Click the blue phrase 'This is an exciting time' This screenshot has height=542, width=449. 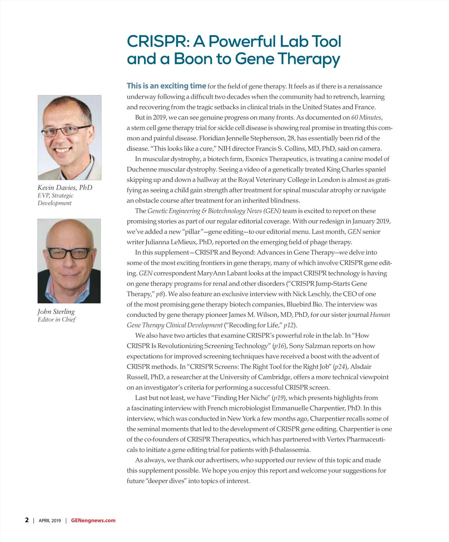166,86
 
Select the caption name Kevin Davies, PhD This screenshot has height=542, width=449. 65,188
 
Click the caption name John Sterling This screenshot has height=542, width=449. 56,311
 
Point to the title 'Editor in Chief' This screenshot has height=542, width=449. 56,320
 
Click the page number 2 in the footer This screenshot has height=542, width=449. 27,520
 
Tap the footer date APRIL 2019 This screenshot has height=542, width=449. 50,521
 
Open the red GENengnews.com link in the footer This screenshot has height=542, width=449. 93,521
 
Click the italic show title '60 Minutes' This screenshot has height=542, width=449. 366,117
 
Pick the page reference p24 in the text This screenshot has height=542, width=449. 340,367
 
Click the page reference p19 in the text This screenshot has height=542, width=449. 279,398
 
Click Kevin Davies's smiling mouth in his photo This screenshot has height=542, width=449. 66,151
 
